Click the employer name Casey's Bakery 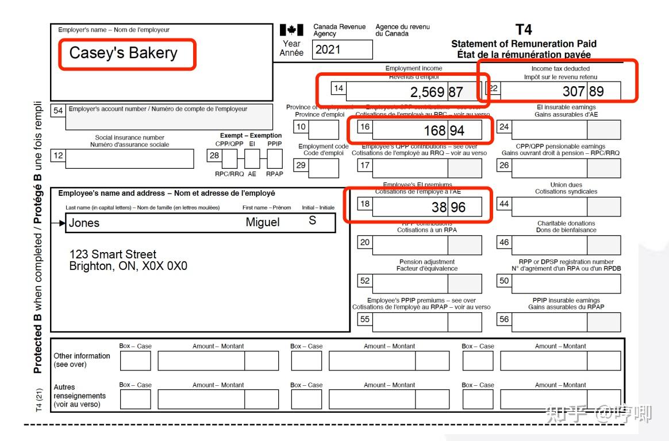tap(123, 53)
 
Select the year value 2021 tap(328, 49)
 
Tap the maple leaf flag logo tap(291, 30)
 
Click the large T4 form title tap(524, 30)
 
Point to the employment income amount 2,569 tap(427, 92)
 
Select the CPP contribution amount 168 tap(435, 130)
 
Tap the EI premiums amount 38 tap(439, 207)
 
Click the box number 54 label tap(58, 110)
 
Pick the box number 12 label tap(58, 155)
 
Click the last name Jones tap(84, 223)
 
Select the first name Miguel tap(263, 222)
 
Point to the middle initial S tap(312, 220)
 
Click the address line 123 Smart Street tap(113, 254)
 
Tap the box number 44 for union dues tap(503, 204)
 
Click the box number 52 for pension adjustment tap(365, 281)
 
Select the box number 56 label tap(503, 319)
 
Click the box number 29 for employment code tap(301, 165)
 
